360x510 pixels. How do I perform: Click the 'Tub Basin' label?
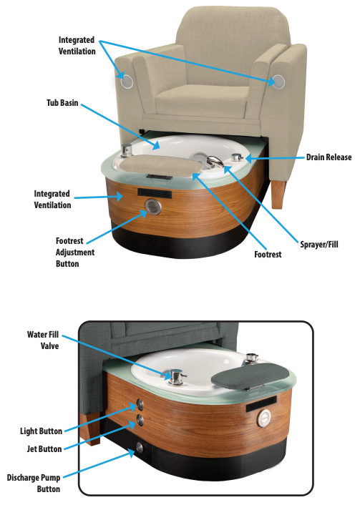click(x=62, y=103)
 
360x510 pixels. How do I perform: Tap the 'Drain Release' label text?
click(x=329, y=157)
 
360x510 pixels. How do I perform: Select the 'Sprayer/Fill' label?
click(x=319, y=244)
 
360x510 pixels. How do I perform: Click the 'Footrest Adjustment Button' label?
click(x=75, y=252)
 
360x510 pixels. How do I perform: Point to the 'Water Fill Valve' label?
click(x=43, y=340)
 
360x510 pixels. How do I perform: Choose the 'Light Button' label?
click(x=41, y=431)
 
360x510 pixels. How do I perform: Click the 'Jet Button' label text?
click(x=44, y=449)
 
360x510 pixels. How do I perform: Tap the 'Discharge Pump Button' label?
click(x=34, y=484)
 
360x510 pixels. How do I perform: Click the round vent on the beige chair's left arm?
click(x=127, y=82)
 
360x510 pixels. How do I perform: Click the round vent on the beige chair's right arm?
click(x=278, y=82)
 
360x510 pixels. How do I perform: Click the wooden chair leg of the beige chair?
click(x=278, y=194)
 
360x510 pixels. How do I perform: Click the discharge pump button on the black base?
click(x=140, y=448)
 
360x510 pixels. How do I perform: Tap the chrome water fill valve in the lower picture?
click(x=176, y=377)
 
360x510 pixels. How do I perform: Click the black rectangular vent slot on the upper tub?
click(x=155, y=193)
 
